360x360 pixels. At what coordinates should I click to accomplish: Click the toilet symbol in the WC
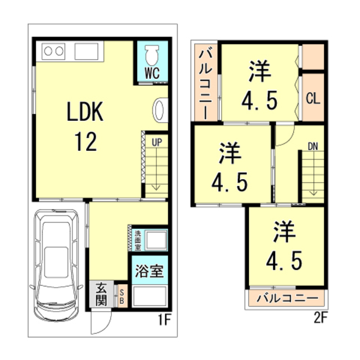(x=151, y=55)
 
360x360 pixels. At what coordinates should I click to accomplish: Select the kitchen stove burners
(x=53, y=51)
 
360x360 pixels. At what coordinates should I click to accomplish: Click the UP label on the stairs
(x=156, y=142)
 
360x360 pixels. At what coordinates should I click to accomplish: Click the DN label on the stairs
(x=313, y=147)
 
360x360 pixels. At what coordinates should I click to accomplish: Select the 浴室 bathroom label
(x=149, y=271)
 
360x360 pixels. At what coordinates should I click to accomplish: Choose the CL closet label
(x=312, y=98)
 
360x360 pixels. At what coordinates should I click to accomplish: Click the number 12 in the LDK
(x=84, y=141)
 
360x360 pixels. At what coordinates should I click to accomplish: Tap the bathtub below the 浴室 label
(x=149, y=296)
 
